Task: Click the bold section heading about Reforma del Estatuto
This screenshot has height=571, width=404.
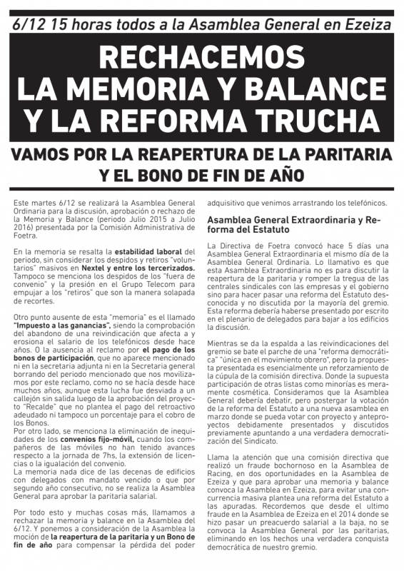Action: click(x=294, y=225)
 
